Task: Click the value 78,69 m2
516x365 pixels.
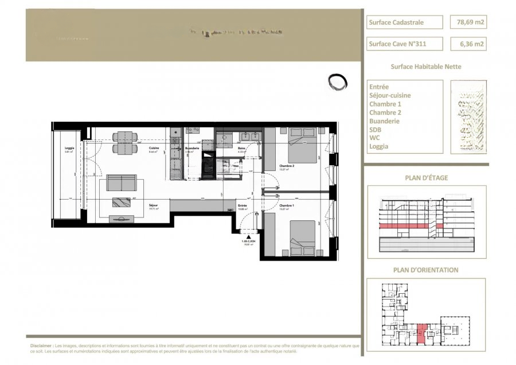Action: pyautogui.click(x=471, y=22)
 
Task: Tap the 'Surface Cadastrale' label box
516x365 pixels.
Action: pyautogui.click(x=404, y=22)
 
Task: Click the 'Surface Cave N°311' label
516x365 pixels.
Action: pyautogui.click(x=404, y=44)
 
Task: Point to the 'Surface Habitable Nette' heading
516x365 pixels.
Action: pyautogui.click(x=425, y=67)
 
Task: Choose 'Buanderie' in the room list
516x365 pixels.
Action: pyautogui.click(x=384, y=121)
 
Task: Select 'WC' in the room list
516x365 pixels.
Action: pyautogui.click(x=375, y=138)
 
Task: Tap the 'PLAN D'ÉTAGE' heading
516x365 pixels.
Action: pyautogui.click(x=426, y=178)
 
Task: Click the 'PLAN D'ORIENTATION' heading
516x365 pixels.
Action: pyautogui.click(x=425, y=270)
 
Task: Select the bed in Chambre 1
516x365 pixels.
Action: pyautogui.click(x=302, y=238)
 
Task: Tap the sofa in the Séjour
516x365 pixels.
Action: pyautogui.click(x=122, y=184)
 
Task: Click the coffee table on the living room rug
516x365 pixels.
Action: pyautogui.click(x=122, y=202)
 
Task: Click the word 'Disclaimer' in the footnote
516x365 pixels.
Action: pyautogui.click(x=41, y=347)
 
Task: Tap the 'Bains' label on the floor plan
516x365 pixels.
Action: pyautogui.click(x=242, y=148)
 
